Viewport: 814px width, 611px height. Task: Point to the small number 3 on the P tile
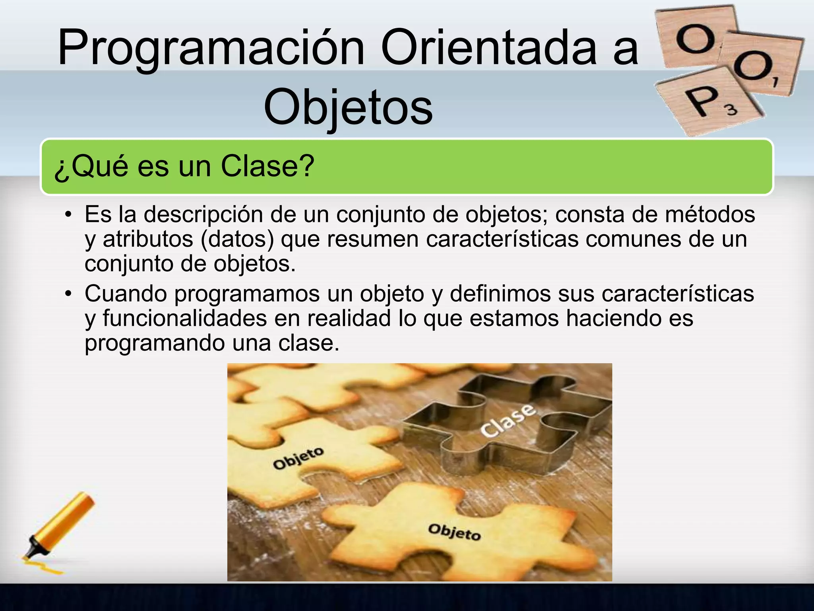tap(732, 110)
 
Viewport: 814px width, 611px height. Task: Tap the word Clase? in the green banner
tap(267, 166)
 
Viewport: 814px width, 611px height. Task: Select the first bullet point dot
tap(68, 215)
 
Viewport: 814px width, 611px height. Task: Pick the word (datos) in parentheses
tap(237, 239)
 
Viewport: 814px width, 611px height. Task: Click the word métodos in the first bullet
tap(710, 214)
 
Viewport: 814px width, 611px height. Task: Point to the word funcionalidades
tap(185, 318)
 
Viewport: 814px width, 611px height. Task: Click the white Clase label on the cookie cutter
tap(508, 421)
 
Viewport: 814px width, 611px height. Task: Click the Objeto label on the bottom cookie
tap(454, 532)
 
